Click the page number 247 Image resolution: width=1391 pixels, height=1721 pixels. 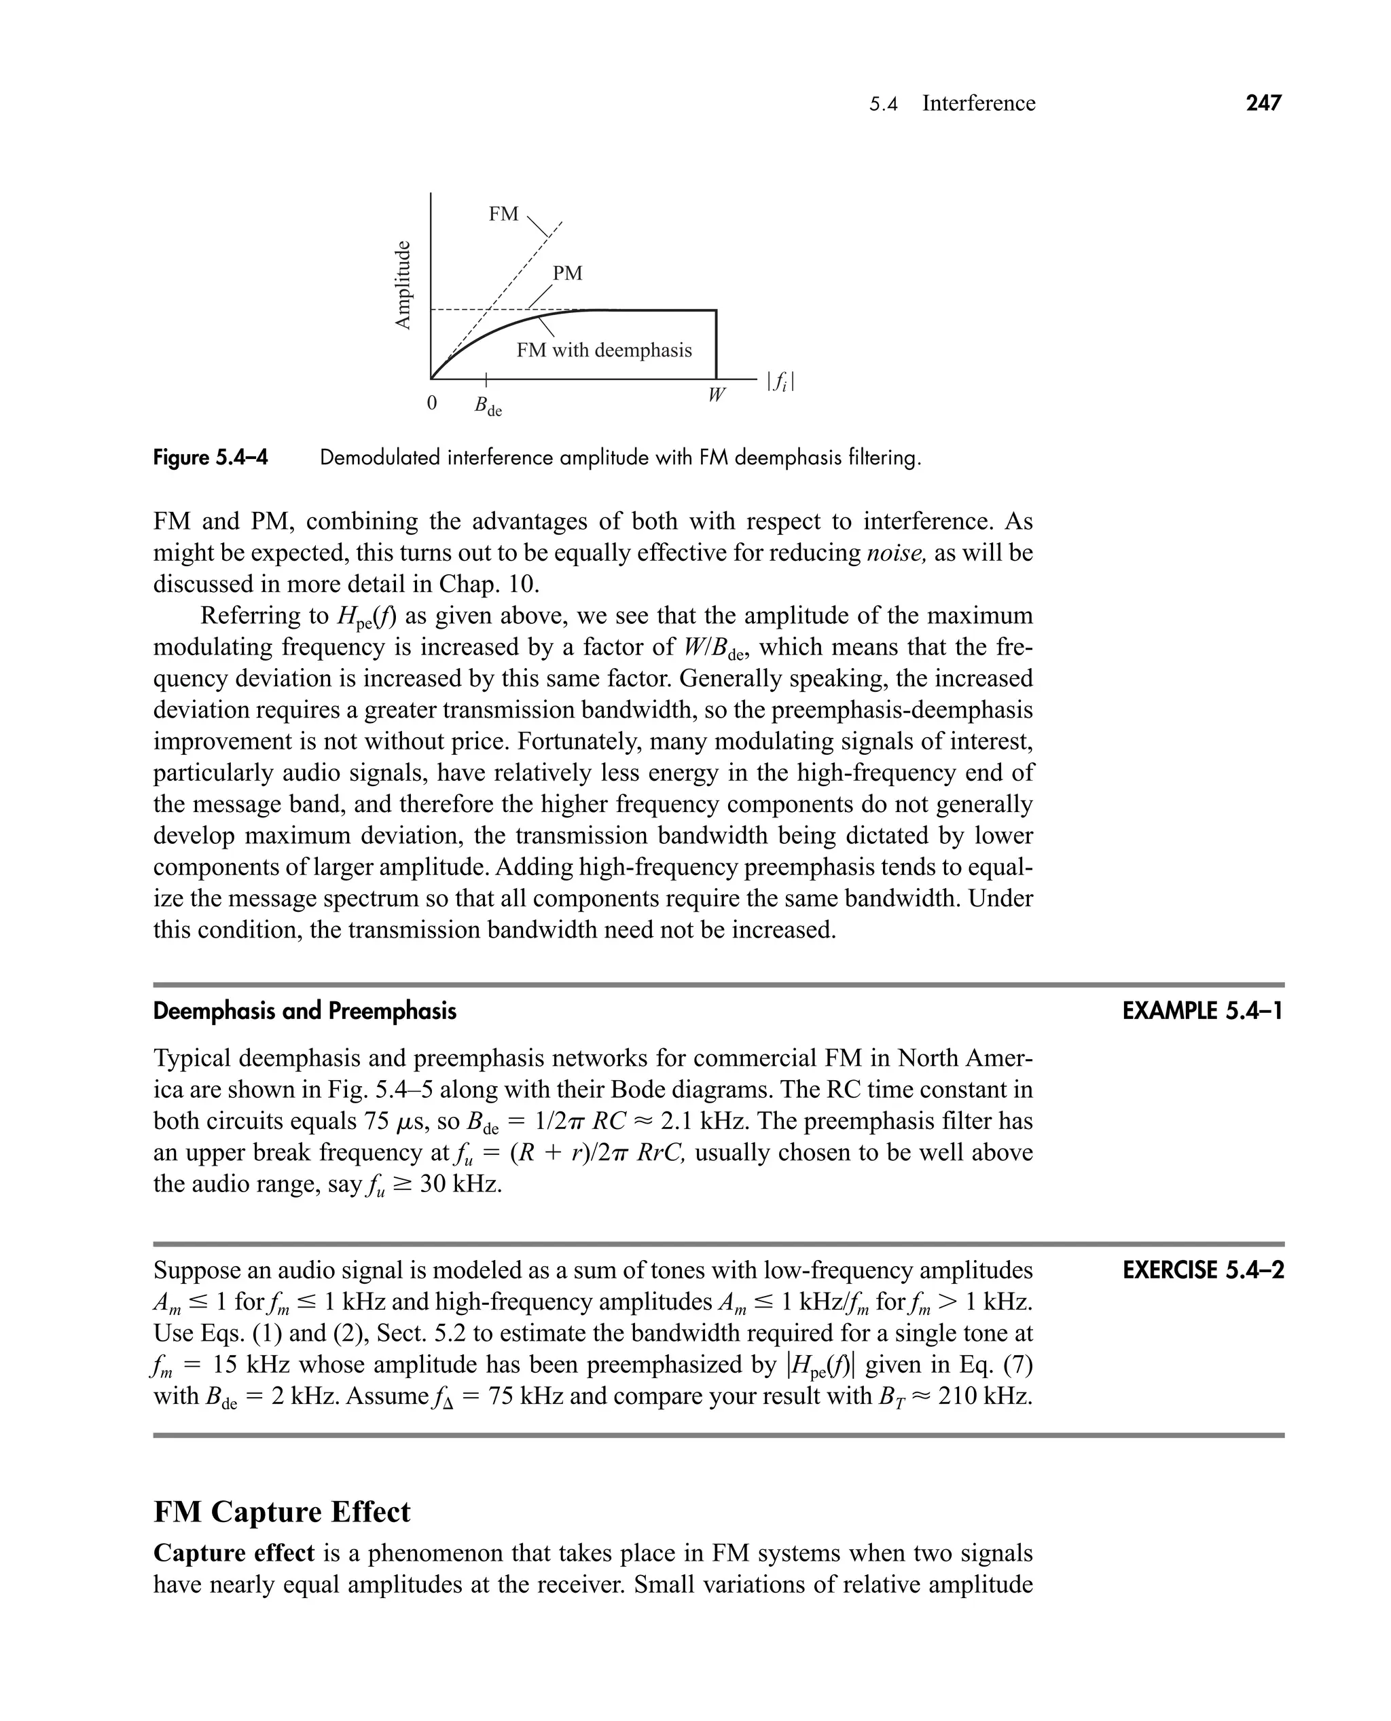[1263, 103]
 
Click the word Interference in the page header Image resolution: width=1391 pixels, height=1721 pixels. [978, 103]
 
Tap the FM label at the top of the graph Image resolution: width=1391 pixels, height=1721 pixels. [503, 214]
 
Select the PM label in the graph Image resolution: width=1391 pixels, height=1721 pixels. [567, 273]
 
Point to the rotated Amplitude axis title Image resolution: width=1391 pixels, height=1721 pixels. [403, 284]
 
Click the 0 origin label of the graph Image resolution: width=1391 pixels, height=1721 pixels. [432, 403]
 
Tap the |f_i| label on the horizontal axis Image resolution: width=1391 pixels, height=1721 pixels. [780, 382]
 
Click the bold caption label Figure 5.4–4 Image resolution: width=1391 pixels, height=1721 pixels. [211, 458]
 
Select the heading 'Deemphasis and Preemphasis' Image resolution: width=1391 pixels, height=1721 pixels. [304, 1012]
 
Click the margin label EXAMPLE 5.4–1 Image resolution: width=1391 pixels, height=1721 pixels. [1202, 1012]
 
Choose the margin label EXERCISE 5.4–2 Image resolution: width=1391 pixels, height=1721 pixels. [1203, 1270]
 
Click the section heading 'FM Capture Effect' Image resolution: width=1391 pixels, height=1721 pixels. [281, 1512]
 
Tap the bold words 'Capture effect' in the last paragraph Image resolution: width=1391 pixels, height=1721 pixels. [233, 1553]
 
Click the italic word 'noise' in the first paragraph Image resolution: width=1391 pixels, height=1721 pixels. [897, 553]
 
